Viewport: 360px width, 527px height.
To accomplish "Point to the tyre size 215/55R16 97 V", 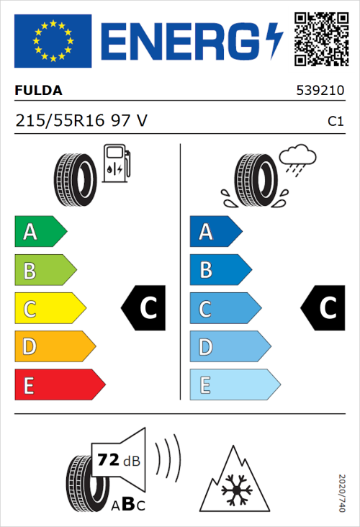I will (x=81, y=121).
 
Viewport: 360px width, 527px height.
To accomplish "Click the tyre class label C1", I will (x=335, y=122).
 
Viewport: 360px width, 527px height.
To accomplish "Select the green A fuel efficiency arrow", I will (x=40, y=232).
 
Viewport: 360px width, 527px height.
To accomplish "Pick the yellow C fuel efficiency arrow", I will (x=49, y=309).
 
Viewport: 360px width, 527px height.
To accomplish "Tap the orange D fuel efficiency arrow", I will (x=54, y=347).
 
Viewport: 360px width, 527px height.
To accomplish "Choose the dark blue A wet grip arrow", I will (x=215, y=232).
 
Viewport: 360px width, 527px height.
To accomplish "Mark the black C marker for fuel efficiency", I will (x=145, y=308).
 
